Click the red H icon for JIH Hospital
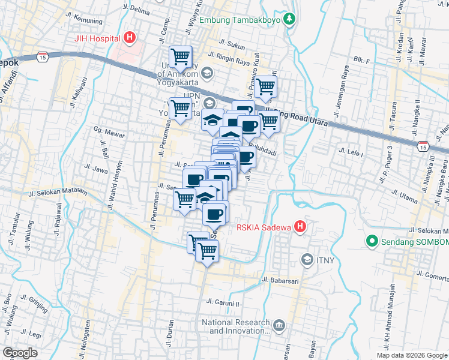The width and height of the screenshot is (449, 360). (x=129, y=39)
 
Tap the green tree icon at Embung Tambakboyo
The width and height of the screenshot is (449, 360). (x=289, y=19)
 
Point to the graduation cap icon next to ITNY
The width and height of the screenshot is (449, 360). (x=307, y=259)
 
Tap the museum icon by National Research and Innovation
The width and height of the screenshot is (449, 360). (x=279, y=326)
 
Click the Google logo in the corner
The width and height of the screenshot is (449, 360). (x=20, y=353)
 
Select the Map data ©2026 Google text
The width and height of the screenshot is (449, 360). (x=412, y=355)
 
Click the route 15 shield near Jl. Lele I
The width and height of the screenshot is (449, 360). (x=423, y=146)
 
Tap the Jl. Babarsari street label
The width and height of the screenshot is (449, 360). (x=281, y=280)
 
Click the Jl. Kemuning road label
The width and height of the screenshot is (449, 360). (x=82, y=19)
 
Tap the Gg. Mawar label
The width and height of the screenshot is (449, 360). (x=109, y=133)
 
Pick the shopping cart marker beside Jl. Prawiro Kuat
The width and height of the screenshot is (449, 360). (x=265, y=87)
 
